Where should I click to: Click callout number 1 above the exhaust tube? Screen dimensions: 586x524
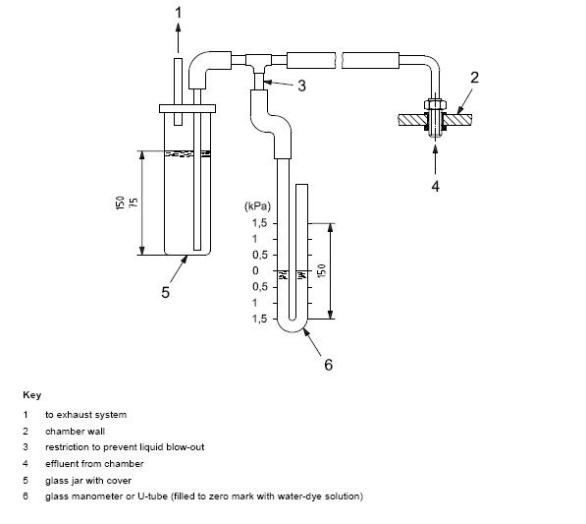[x=179, y=12]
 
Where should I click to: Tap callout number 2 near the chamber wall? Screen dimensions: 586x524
[x=474, y=77]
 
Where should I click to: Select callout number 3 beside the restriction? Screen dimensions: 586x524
[x=302, y=86]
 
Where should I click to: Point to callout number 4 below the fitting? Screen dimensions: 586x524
[x=436, y=186]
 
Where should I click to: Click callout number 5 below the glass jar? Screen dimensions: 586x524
[x=166, y=292]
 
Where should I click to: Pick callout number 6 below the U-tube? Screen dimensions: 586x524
[x=328, y=364]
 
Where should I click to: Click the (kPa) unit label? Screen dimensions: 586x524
[x=257, y=206]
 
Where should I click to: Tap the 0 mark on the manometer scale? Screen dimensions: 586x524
[x=255, y=270]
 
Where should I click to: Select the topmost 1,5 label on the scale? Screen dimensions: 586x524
[x=259, y=223]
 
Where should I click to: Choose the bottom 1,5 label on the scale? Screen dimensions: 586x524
[x=259, y=319]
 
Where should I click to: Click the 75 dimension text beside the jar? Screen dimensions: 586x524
[x=133, y=203]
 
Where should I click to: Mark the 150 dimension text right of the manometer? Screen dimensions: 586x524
[x=321, y=270]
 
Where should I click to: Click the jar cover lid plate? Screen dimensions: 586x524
[x=187, y=108]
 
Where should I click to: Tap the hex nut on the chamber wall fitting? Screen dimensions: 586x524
[x=435, y=103]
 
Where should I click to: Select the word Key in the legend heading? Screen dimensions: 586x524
[x=32, y=395]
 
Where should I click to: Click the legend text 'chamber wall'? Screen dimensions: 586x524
[x=76, y=432]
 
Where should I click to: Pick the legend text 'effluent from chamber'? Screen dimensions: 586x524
[x=94, y=464]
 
